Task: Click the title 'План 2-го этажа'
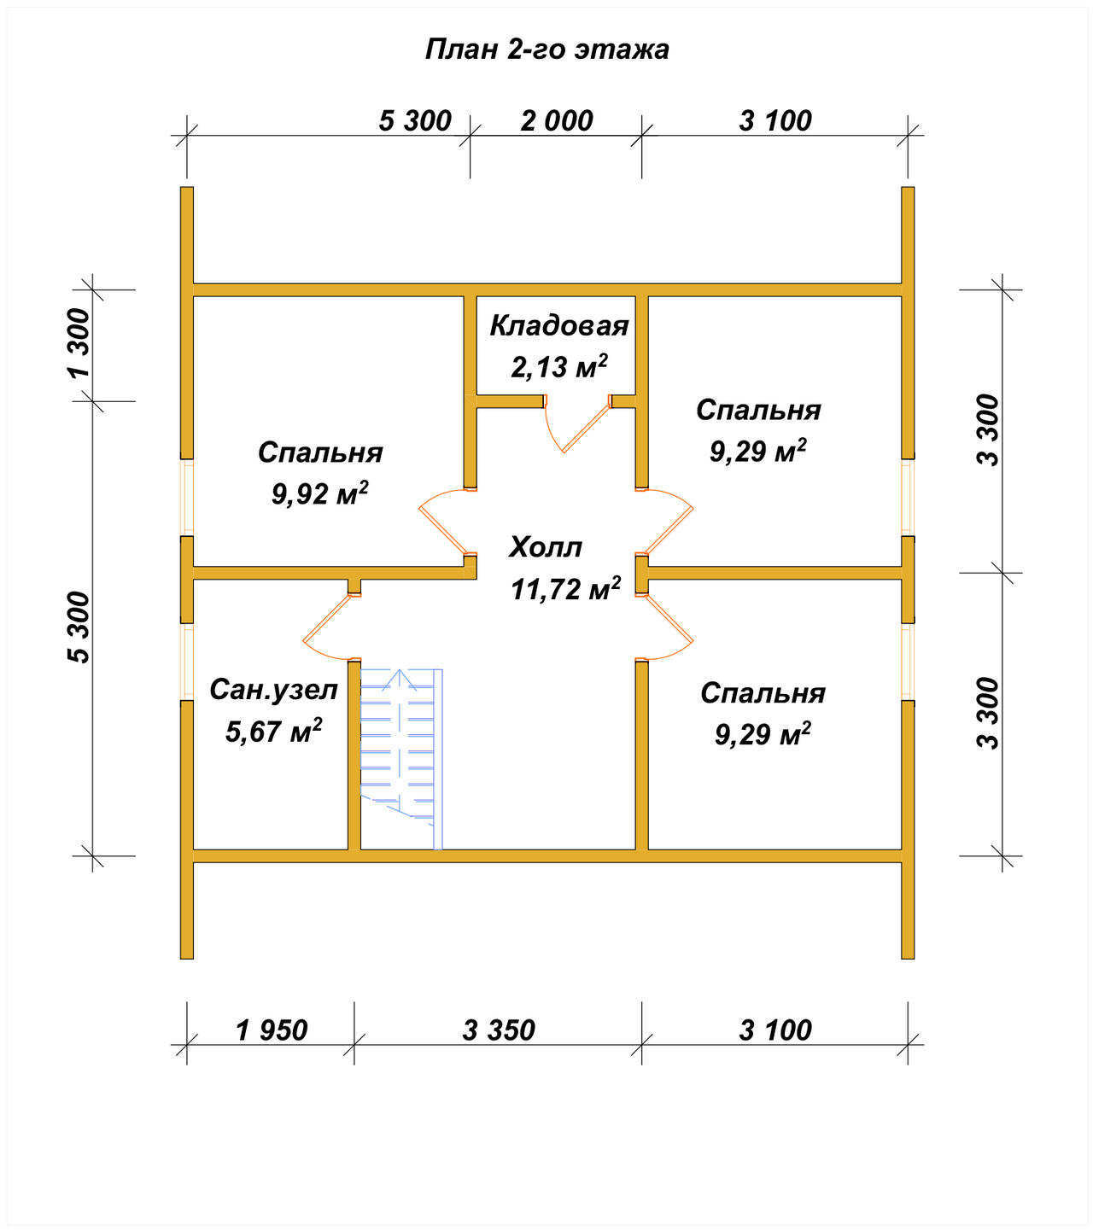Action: [546, 50]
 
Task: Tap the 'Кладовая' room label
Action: [558, 325]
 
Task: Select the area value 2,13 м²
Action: [558, 365]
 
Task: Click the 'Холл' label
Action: [546, 547]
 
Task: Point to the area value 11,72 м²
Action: [565, 587]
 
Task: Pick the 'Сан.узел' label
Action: [273, 690]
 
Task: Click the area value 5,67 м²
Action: [273, 731]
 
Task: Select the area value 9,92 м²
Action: [319, 493]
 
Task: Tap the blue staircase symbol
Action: [401, 758]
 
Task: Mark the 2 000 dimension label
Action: [556, 121]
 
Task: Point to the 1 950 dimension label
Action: [272, 1030]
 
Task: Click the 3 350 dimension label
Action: [499, 1030]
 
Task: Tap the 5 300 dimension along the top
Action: [415, 121]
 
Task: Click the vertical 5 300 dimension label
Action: [79, 627]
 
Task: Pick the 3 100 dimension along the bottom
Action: [775, 1030]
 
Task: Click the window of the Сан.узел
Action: [187, 662]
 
